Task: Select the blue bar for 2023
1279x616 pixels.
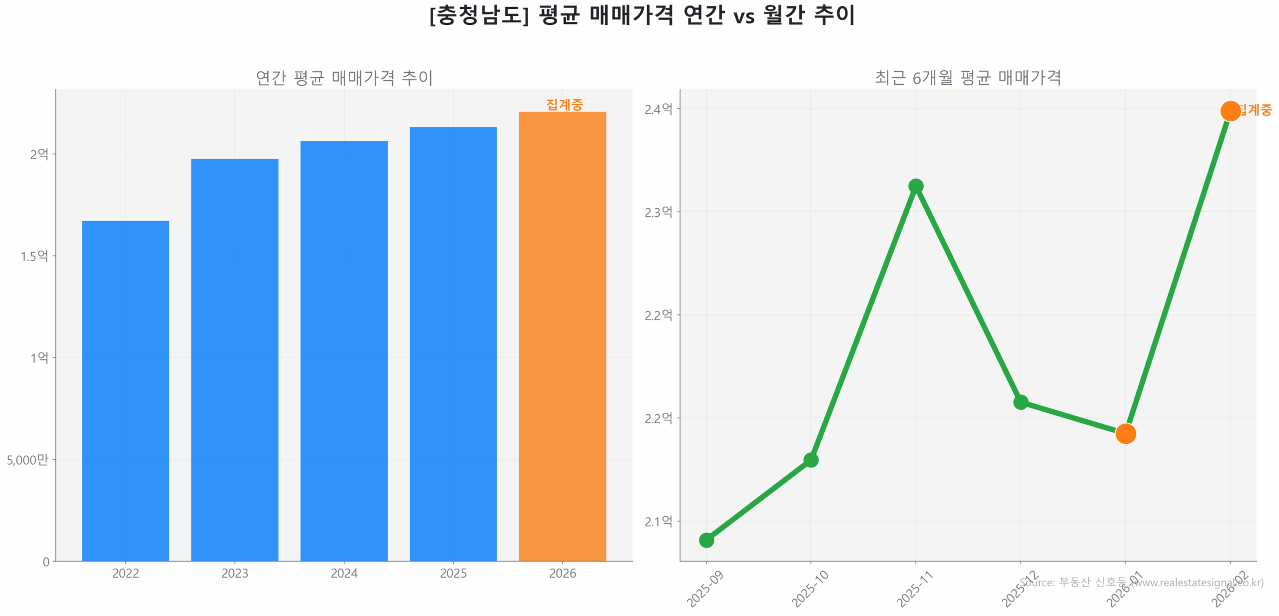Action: (x=234, y=359)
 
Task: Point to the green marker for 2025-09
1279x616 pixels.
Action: (x=706, y=540)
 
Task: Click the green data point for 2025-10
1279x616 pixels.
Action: (x=810, y=460)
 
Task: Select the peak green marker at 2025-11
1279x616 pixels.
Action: (x=915, y=186)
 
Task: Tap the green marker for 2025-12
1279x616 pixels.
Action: (x=1020, y=402)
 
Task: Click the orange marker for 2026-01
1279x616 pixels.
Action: (x=1125, y=433)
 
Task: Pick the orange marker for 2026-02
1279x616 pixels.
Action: (x=1230, y=111)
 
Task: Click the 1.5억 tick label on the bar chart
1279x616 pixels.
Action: (x=34, y=256)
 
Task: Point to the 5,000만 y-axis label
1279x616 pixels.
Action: (x=27, y=459)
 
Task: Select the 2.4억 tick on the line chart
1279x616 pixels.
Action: (x=658, y=109)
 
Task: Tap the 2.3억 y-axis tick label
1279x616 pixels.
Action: (x=658, y=212)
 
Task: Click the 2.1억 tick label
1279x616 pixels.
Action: (x=658, y=521)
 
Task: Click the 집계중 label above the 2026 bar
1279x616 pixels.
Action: (x=564, y=104)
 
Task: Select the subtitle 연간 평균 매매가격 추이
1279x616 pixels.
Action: (x=344, y=77)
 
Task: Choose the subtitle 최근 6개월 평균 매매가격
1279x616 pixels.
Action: (x=967, y=77)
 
